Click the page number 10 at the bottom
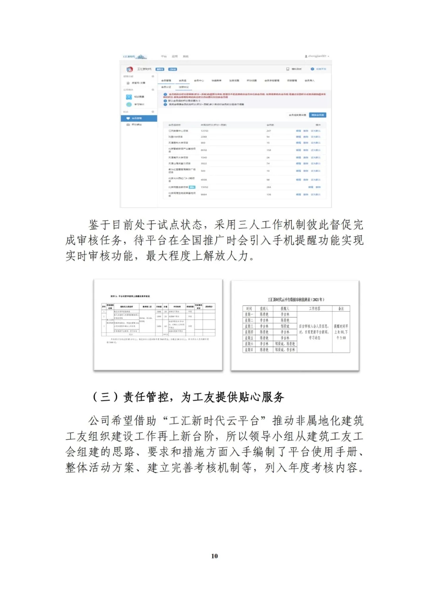coord(214,556)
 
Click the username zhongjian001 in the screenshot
coord(316,56)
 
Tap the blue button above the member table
coord(318,115)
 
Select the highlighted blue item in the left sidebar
coord(139,118)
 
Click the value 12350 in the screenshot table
coord(205,131)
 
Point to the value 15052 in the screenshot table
coord(205,187)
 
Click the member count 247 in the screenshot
coord(269,131)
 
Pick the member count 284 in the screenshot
coord(269,187)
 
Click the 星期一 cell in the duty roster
coord(249,314)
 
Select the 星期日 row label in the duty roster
coord(249,350)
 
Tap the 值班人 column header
coord(264,308)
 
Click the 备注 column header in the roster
coord(341,308)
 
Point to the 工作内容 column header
coord(315,308)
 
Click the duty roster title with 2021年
coord(296,299)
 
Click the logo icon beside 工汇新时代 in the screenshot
coord(129,69)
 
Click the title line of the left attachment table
coord(130,296)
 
